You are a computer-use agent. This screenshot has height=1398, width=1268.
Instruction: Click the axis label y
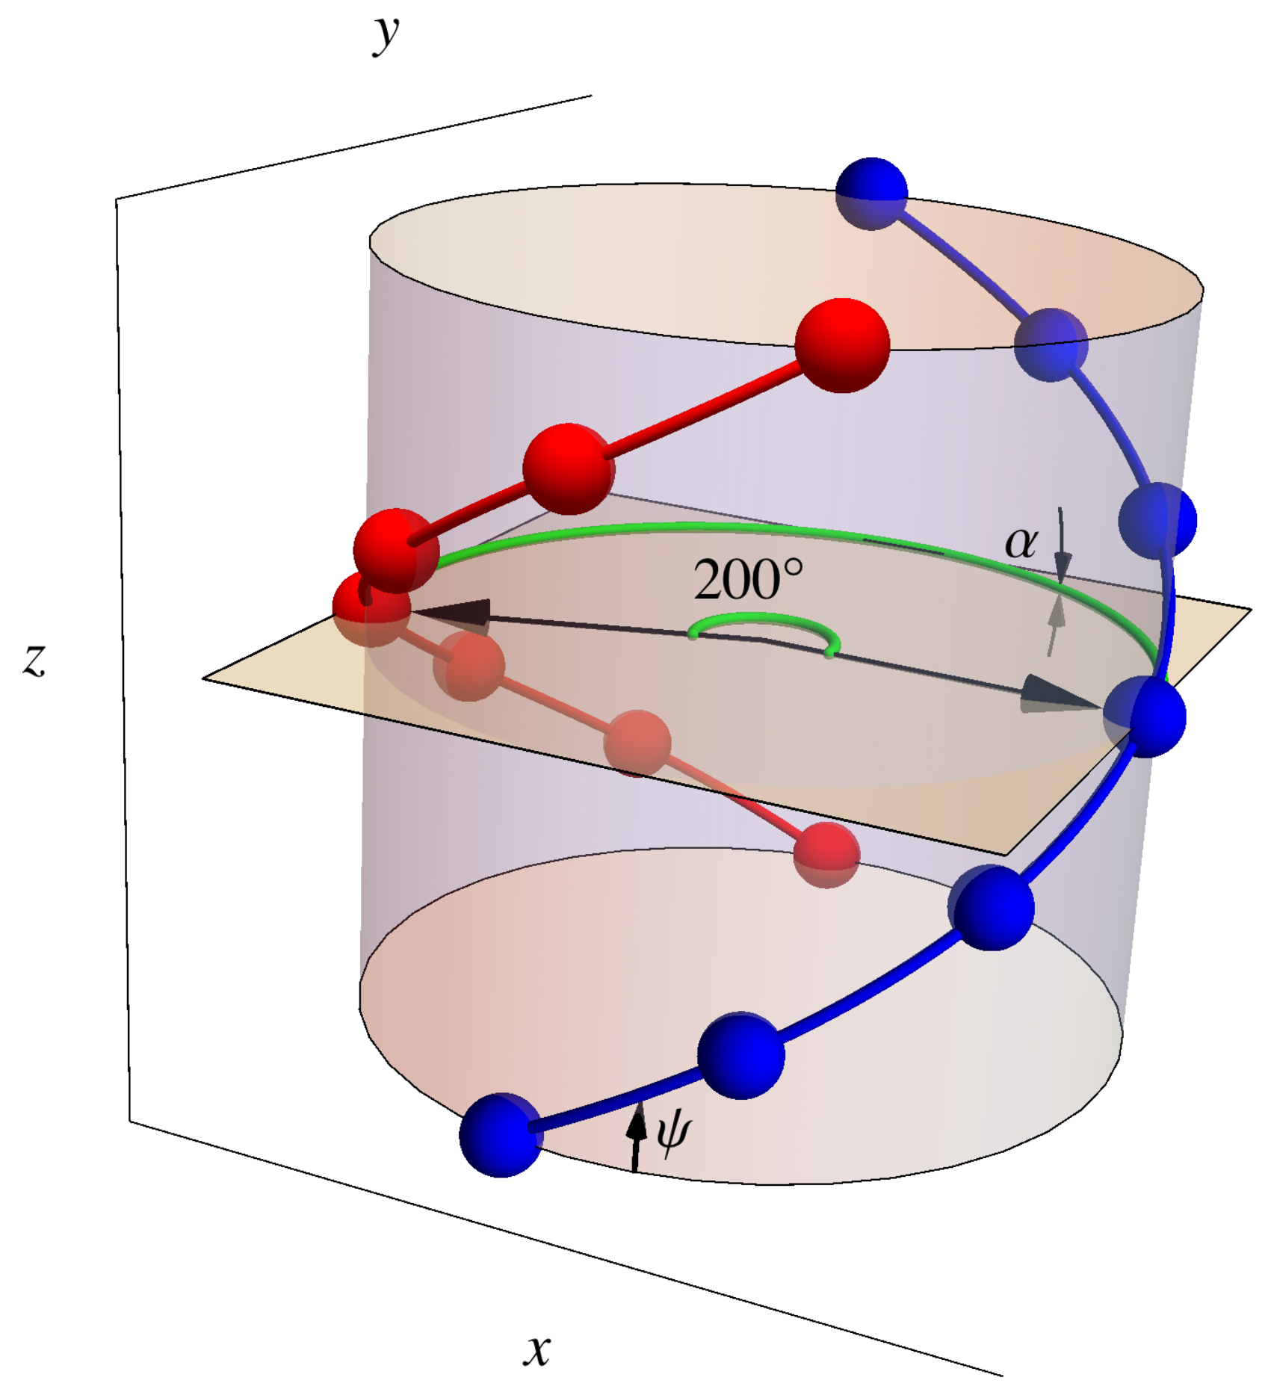click(x=386, y=34)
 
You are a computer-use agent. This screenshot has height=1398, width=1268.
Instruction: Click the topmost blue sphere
click(x=871, y=193)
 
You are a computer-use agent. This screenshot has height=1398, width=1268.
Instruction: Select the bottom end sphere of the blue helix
click(x=501, y=1135)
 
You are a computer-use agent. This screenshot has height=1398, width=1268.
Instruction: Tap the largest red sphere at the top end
click(x=842, y=345)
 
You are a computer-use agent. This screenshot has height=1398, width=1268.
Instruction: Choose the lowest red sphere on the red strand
click(x=826, y=854)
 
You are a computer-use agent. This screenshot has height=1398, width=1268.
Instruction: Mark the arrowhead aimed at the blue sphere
click(x=1057, y=695)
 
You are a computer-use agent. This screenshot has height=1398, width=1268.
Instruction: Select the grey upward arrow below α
click(x=1055, y=624)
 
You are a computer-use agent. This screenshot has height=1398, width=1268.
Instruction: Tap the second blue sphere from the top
click(x=1051, y=344)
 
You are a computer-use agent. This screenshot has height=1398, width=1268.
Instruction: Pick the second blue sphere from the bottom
click(x=741, y=1055)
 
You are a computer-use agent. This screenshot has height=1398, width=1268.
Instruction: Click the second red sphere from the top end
click(x=569, y=468)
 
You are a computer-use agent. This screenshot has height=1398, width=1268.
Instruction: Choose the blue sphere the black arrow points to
click(x=1145, y=716)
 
